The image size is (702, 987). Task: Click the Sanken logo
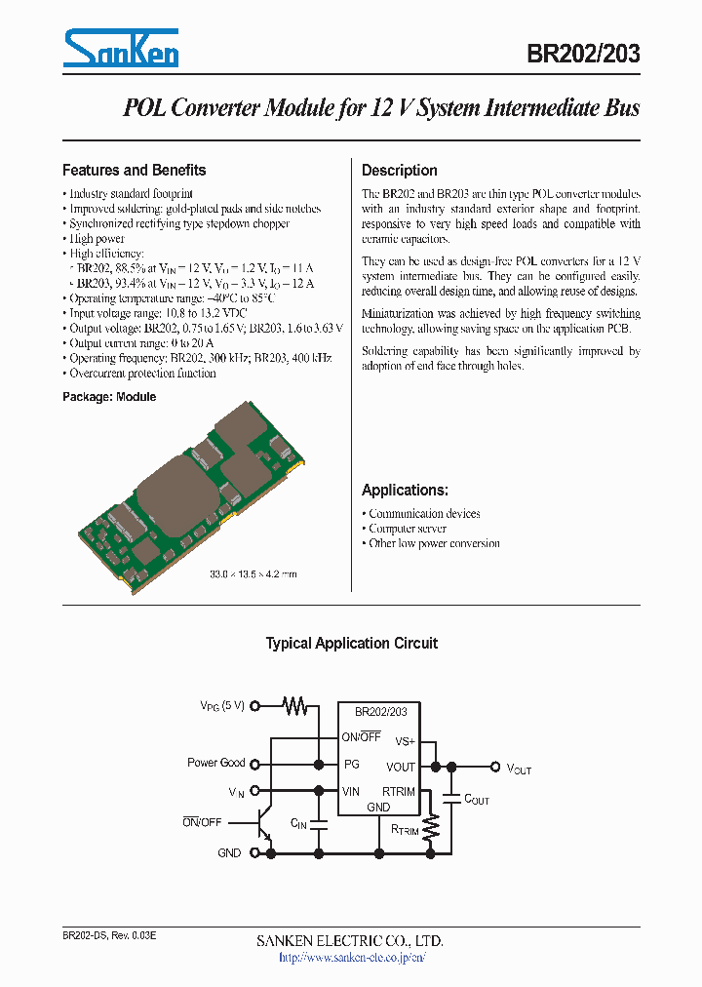coord(121,48)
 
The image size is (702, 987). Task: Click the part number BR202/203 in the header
coord(583,54)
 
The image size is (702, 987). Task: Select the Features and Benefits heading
coord(134,170)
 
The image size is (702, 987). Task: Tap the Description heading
coord(400,170)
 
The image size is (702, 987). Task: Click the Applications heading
coord(405,491)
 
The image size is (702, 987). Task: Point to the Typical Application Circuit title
coord(351,644)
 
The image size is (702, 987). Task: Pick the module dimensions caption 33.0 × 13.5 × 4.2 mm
coord(253,574)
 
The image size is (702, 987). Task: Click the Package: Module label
coord(109,397)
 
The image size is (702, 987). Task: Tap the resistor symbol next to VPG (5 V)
coord(294,704)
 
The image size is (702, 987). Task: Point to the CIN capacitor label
coord(299,824)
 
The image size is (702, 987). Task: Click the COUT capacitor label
coord(477,800)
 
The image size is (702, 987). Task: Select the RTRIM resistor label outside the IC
coord(405,831)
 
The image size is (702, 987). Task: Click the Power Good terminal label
coord(215,763)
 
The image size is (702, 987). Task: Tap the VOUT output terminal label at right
coord(519,770)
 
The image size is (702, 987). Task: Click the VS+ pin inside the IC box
coord(405,742)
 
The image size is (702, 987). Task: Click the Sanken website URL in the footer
coord(351,958)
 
